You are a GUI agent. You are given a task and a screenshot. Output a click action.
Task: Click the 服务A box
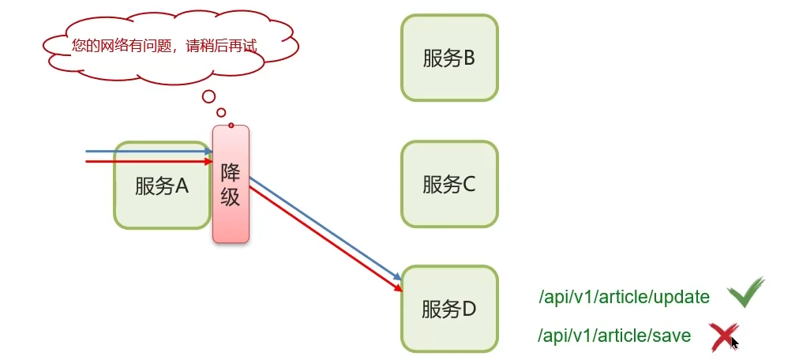[162, 186]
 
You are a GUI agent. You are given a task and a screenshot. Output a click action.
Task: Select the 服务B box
[449, 58]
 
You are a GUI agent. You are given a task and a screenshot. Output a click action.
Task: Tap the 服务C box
[449, 185]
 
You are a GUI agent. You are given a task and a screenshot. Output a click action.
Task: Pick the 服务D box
[449, 309]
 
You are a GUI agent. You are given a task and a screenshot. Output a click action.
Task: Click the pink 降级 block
[231, 184]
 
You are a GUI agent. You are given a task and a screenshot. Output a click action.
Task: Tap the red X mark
[723, 337]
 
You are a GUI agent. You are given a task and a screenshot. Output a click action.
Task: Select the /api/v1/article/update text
[624, 298]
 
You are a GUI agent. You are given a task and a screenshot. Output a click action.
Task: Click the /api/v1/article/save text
[614, 336]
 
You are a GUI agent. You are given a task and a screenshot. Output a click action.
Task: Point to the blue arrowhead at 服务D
[398, 278]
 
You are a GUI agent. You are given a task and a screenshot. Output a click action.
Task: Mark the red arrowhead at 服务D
[397, 289]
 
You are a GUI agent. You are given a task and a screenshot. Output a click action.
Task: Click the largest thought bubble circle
[208, 97]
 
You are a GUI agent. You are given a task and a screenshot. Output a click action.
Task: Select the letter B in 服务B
[468, 58]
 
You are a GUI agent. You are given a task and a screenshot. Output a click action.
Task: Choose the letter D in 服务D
[468, 309]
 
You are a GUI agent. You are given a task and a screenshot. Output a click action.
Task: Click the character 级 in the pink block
[231, 197]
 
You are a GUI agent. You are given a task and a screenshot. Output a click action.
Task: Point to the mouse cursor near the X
[735, 343]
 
